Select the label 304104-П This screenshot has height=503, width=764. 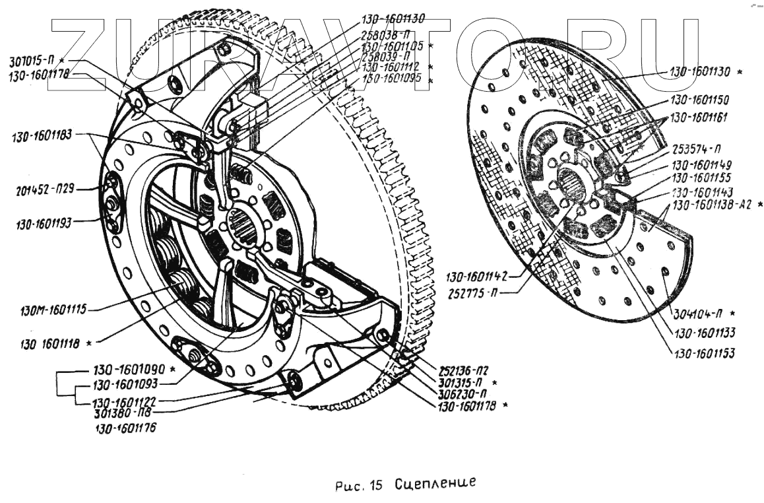696,312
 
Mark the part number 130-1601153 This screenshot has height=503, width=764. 703,353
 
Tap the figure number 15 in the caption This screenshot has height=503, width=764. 377,486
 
